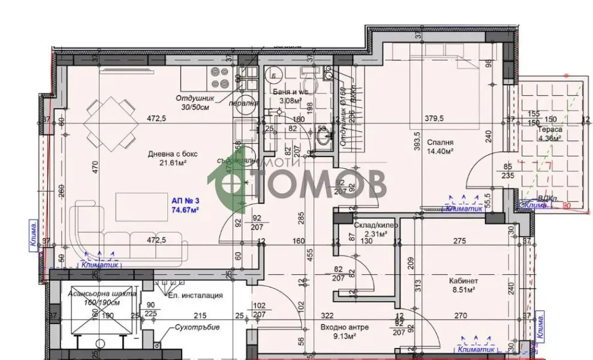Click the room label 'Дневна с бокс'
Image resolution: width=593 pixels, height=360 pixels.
point(173,154)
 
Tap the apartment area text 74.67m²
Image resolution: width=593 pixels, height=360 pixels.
point(185,210)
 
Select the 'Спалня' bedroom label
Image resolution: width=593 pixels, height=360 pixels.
point(440,143)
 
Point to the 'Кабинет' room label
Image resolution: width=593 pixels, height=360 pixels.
point(462,281)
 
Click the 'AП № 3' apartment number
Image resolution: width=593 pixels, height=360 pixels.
point(185,200)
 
